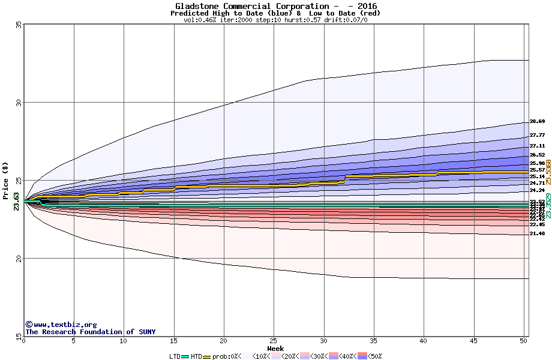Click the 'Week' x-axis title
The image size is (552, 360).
[x=275, y=349]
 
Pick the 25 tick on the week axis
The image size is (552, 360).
[x=274, y=341]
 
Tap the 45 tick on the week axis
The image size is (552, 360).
[x=474, y=341]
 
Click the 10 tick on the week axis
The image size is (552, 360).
[x=123, y=341]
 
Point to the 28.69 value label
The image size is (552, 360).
[x=537, y=122]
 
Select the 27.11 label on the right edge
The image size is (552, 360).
[x=537, y=146]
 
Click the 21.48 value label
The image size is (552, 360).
[x=537, y=233]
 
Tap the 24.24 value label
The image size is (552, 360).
[x=537, y=190]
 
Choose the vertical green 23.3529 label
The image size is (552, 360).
[x=548, y=205]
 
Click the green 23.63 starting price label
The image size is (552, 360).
[x=16, y=200]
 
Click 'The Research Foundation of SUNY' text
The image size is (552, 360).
[x=90, y=332]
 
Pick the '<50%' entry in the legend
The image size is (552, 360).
[x=373, y=356]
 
